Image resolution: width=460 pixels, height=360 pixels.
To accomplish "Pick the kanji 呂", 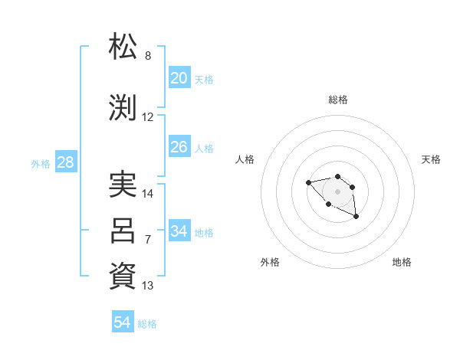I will pos(123,231).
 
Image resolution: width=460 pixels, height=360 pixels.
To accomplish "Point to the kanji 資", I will pos(123,277).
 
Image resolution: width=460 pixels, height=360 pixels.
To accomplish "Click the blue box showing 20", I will pos(179,78).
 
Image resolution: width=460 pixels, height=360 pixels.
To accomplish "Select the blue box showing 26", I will pos(179,147).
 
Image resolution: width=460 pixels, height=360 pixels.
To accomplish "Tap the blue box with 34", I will pos(179,231).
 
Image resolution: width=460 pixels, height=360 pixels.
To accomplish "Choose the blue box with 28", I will pos(65,162).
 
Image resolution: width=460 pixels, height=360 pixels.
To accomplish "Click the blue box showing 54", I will pos(123,322).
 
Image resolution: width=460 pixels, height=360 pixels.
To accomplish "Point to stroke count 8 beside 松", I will pos(148,56).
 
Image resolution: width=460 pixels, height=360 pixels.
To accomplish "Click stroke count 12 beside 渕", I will pos(148,117).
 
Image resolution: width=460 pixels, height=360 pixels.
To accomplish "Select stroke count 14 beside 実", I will pos(148,194).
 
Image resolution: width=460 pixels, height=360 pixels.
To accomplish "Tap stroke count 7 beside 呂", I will pos(148,240).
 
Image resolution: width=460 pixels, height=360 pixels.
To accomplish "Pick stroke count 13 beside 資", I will pos(148,286).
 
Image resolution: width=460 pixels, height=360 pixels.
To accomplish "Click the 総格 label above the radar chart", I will pos(337,100).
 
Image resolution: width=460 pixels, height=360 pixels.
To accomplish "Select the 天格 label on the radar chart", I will pos(431,159).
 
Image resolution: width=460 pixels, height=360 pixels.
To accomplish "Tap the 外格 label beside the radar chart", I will pos(270,262).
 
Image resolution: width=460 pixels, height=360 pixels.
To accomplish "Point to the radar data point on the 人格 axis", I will pos(308,182).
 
